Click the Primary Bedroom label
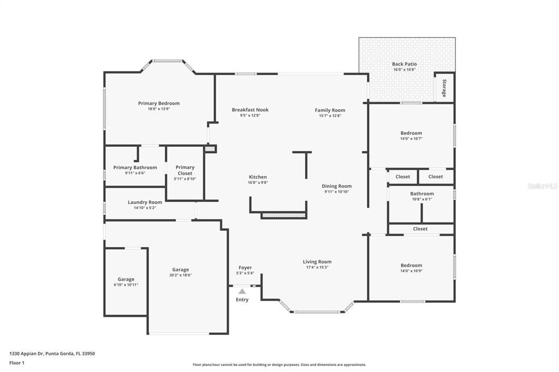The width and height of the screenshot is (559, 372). pyautogui.click(x=159, y=103)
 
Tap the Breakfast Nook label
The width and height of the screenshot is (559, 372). pyautogui.click(x=250, y=110)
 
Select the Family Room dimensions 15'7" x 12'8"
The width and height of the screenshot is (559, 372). pyautogui.click(x=330, y=116)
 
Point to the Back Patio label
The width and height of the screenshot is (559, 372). pyautogui.click(x=404, y=64)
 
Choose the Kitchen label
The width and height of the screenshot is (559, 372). pyautogui.click(x=258, y=177)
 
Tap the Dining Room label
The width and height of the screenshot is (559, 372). pyautogui.click(x=336, y=186)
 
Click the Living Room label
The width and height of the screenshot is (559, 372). pyautogui.click(x=317, y=262)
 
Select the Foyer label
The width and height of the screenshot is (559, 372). pyautogui.click(x=245, y=267)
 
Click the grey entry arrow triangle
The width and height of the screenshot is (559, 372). pyautogui.click(x=242, y=291)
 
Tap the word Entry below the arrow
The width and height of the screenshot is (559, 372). pyautogui.click(x=242, y=299)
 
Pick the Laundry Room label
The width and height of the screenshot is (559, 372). pyautogui.click(x=145, y=202)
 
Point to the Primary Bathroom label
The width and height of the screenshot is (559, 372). pyautogui.click(x=135, y=167)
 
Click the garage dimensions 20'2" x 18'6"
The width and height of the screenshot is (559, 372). pyautogui.click(x=181, y=275)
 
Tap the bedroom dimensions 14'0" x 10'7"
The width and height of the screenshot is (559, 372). pyautogui.click(x=411, y=139)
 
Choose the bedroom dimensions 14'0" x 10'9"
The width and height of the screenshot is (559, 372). pyautogui.click(x=411, y=271)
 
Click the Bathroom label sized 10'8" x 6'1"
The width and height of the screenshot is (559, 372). pyautogui.click(x=422, y=194)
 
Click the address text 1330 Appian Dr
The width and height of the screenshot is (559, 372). pyautogui.click(x=52, y=353)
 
